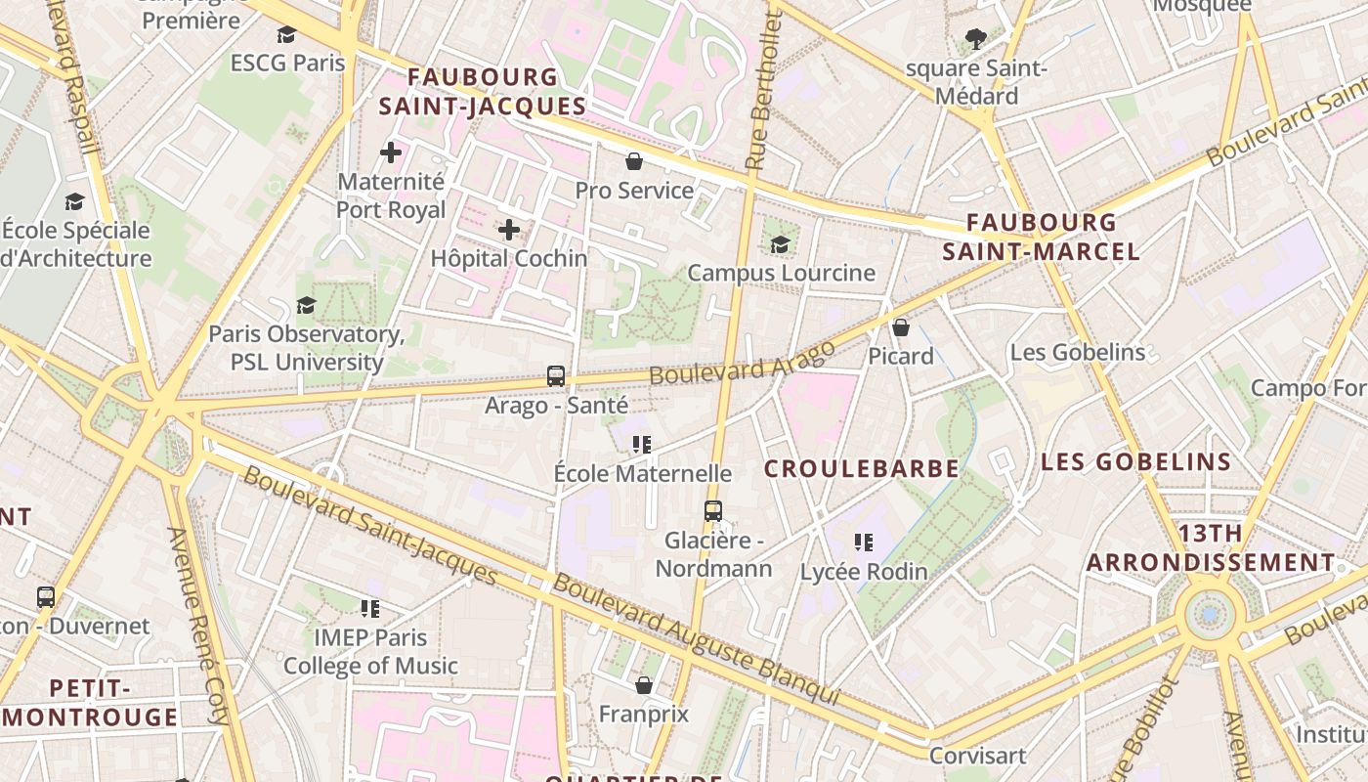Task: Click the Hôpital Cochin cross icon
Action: click(x=509, y=230)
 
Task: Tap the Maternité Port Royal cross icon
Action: click(x=391, y=152)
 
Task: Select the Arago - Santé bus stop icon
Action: click(x=556, y=375)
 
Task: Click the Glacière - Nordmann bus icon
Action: click(x=713, y=510)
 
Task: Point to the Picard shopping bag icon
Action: click(x=901, y=327)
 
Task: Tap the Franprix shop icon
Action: click(x=644, y=685)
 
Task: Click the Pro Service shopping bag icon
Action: click(x=634, y=161)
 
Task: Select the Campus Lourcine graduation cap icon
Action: click(x=780, y=244)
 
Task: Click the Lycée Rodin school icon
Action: click(x=863, y=542)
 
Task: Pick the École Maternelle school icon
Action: click(x=642, y=445)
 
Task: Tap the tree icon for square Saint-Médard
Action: click(x=974, y=39)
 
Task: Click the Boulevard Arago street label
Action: click(x=743, y=363)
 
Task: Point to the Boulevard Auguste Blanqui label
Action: click(x=696, y=639)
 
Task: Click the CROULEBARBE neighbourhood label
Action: click(x=861, y=469)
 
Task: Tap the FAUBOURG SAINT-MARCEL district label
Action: click(x=1041, y=238)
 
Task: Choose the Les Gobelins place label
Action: click(x=1077, y=352)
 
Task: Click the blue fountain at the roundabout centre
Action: click(x=1211, y=614)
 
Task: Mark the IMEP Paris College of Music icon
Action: click(x=370, y=609)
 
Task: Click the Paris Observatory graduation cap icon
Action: click(x=307, y=305)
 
